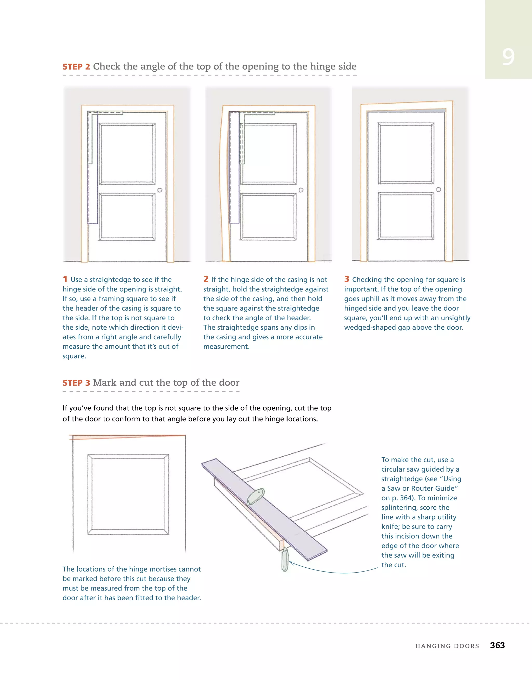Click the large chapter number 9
tap(508, 57)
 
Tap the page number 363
tap(497, 645)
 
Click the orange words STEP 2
tap(76, 67)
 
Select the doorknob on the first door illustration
tap(159, 190)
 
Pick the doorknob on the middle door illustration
tap(301, 190)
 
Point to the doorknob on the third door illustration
tap(438, 190)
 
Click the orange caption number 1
tap(65, 279)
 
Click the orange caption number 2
tap(206, 279)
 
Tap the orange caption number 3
tap(347, 279)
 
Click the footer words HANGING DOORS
tap(447, 646)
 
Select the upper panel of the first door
tap(127, 153)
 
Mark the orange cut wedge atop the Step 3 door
tap(94, 437)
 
